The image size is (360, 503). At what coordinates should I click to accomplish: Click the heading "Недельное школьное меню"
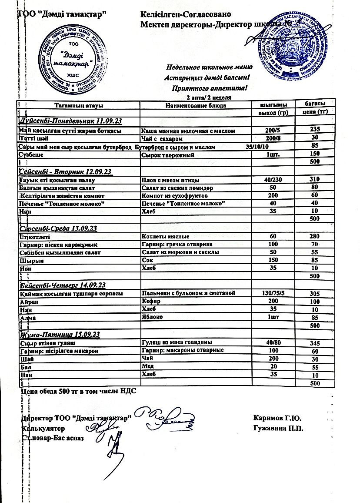pyautogui.click(x=209, y=67)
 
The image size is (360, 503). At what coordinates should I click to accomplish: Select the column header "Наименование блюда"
pyautogui.click(x=196, y=105)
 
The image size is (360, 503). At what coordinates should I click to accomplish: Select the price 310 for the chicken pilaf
pyautogui.click(x=315, y=179)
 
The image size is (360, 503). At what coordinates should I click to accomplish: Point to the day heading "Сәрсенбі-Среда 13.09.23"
pyautogui.click(x=58, y=228)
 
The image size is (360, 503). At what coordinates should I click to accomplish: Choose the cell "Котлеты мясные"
pyautogui.click(x=166, y=237)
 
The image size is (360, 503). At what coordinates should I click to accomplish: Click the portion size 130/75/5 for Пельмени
pyautogui.click(x=273, y=293)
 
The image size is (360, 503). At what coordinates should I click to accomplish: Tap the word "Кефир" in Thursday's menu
pyautogui.click(x=151, y=301)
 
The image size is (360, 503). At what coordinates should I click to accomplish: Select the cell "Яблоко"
pyautogui.click(x=153, y=317)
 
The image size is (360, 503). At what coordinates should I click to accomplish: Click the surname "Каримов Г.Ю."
pyautogui.click(x=277, y=419)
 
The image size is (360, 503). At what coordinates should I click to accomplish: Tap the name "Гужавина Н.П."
pyautogui.click(x=278, y=428)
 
